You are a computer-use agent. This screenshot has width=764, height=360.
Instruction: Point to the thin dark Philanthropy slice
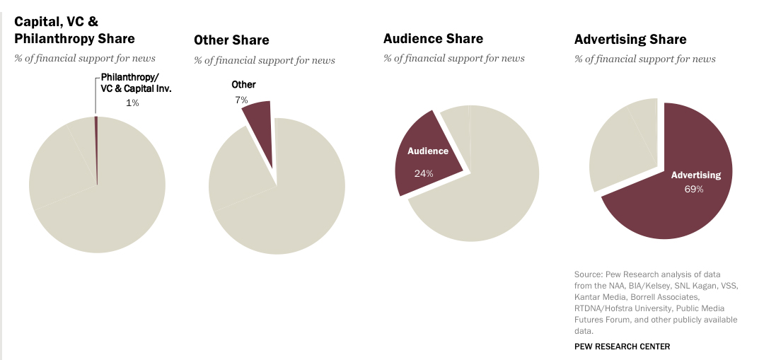96,149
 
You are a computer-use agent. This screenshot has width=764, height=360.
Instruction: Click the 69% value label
694,189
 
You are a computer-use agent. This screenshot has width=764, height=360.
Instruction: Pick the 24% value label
424,173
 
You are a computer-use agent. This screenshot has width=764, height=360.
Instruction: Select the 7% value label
242,100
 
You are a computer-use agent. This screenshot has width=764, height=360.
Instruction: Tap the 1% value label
132,103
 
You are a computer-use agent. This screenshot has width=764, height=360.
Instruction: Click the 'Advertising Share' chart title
630,40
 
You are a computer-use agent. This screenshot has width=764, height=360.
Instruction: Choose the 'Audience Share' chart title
433,39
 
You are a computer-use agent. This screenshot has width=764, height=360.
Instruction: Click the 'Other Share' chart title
231,40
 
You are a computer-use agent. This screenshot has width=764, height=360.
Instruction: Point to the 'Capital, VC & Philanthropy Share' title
74,30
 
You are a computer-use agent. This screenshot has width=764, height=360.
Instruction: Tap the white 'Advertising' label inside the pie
696,175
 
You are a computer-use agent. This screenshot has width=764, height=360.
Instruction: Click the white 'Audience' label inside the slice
428,151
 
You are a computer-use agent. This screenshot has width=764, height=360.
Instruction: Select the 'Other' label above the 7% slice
244,85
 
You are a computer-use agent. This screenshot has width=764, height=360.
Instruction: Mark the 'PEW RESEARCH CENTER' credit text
622,347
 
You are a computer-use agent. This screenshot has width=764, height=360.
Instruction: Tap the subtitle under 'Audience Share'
454,58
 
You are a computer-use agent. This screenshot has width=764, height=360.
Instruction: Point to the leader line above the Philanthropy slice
96,95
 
